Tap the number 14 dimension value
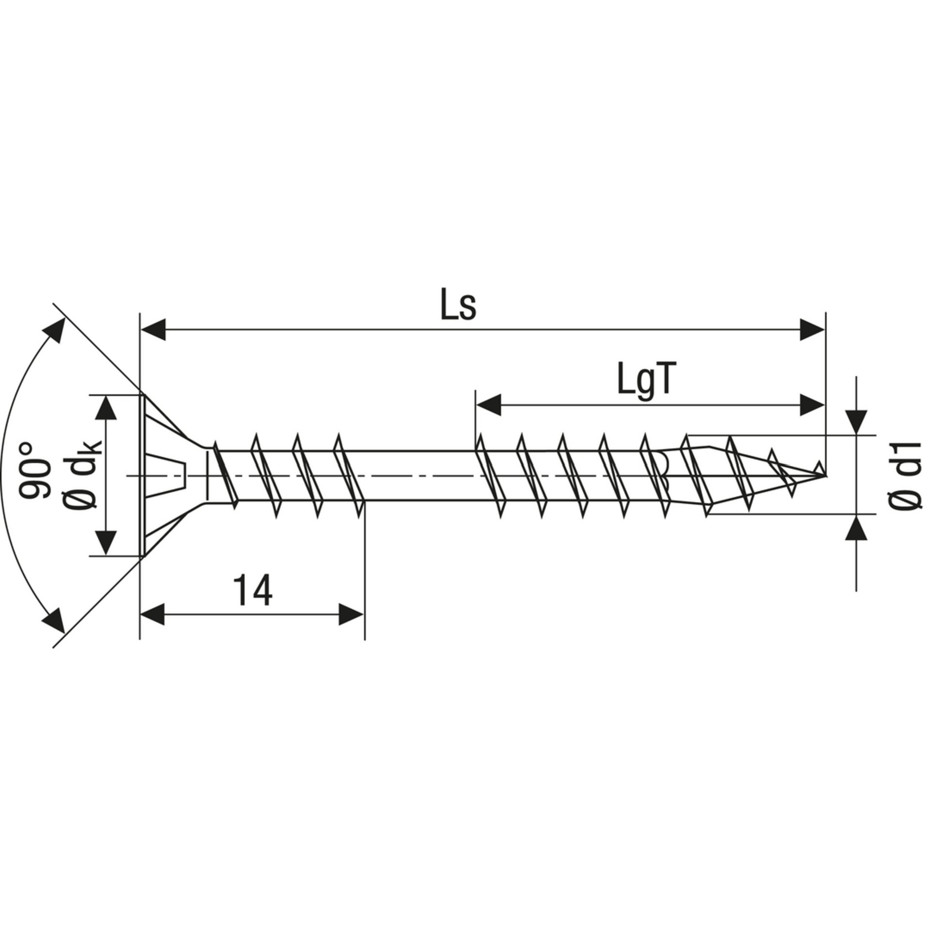252,591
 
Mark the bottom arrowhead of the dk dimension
106,542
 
